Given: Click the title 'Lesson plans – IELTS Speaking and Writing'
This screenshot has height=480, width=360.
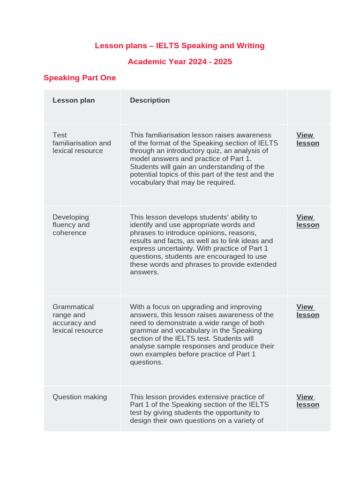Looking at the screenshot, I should (x=180, y=45).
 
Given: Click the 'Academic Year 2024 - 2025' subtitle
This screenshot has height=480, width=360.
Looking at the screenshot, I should (x=180, y=61).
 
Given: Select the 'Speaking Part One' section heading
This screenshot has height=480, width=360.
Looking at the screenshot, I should (x=80, y=78).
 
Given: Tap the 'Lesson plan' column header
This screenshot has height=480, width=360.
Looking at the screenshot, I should (x=74, y=100).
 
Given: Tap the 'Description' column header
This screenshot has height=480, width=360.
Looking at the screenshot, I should (x=150, y=100).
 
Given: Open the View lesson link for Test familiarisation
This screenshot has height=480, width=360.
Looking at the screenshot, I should (x=307, y=139).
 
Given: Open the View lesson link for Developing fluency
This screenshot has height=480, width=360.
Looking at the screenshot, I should (x=307, y=221).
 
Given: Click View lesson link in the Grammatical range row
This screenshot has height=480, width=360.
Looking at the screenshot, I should (x=307, y=311).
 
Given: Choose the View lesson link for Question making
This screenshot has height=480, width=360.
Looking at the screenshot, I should (x=307, y=401).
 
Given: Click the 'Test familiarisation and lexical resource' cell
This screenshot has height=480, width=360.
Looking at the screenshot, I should (x=82, y=143).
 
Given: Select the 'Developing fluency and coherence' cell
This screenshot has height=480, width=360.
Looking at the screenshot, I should (x=71, y=225).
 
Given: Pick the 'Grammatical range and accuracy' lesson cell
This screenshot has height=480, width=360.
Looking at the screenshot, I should (x=77, y=319).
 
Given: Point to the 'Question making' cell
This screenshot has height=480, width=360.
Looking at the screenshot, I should (x=80, y=397).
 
